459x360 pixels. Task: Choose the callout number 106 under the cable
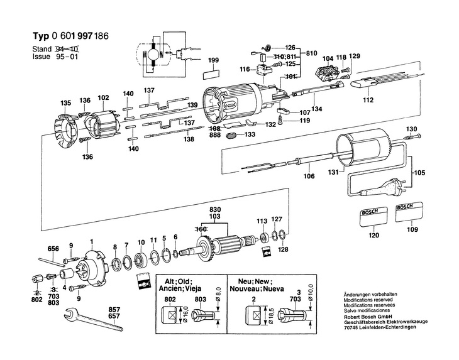(x=309, y=177)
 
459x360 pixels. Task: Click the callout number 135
(x=65, y=103)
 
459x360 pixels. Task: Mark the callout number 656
(x=53, y=249)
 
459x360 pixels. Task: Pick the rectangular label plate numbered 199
(x=211, y=72)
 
